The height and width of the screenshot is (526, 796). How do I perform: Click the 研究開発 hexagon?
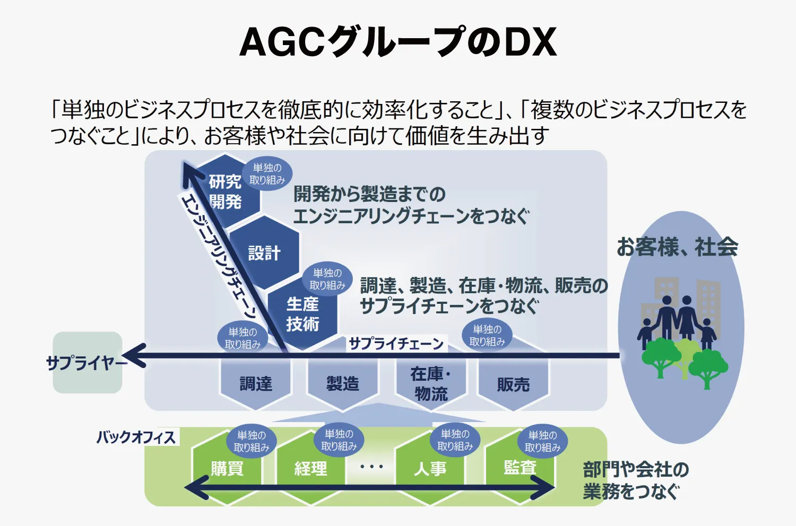click(x=225, y=191)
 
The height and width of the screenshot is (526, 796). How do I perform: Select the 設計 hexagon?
click(x=264, y=253)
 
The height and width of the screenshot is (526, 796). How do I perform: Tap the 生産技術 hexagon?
click(x=302, y=314)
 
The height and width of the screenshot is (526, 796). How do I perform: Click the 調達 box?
click(x=255, y=383)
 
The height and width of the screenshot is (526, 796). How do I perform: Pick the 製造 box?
click(x=342, y=383)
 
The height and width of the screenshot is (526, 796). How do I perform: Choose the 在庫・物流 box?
click(x=430, y=383)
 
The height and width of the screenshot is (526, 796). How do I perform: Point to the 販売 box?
click(x=513, y=384)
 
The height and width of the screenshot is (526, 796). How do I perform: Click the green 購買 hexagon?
click(x=227, y=469)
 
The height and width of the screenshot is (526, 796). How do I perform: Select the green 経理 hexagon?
click(x=310, y=469)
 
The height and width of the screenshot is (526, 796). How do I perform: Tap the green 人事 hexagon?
click(x=430, y=469)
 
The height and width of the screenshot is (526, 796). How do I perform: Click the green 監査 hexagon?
click(x=520, y=468)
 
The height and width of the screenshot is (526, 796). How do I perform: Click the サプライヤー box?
click(x=88, y=363)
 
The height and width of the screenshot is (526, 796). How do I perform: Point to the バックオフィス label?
click(x=136, y=437)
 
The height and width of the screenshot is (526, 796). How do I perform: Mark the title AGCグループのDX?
click(x=398, y=42)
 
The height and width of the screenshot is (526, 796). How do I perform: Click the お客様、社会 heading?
click(x=677, y=247)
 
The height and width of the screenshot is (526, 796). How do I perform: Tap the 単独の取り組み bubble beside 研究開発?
click(x=267, y=174)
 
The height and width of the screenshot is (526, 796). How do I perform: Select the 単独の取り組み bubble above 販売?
click(x=487, y=336)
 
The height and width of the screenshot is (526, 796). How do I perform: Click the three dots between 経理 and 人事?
click(x=371, y=467)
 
